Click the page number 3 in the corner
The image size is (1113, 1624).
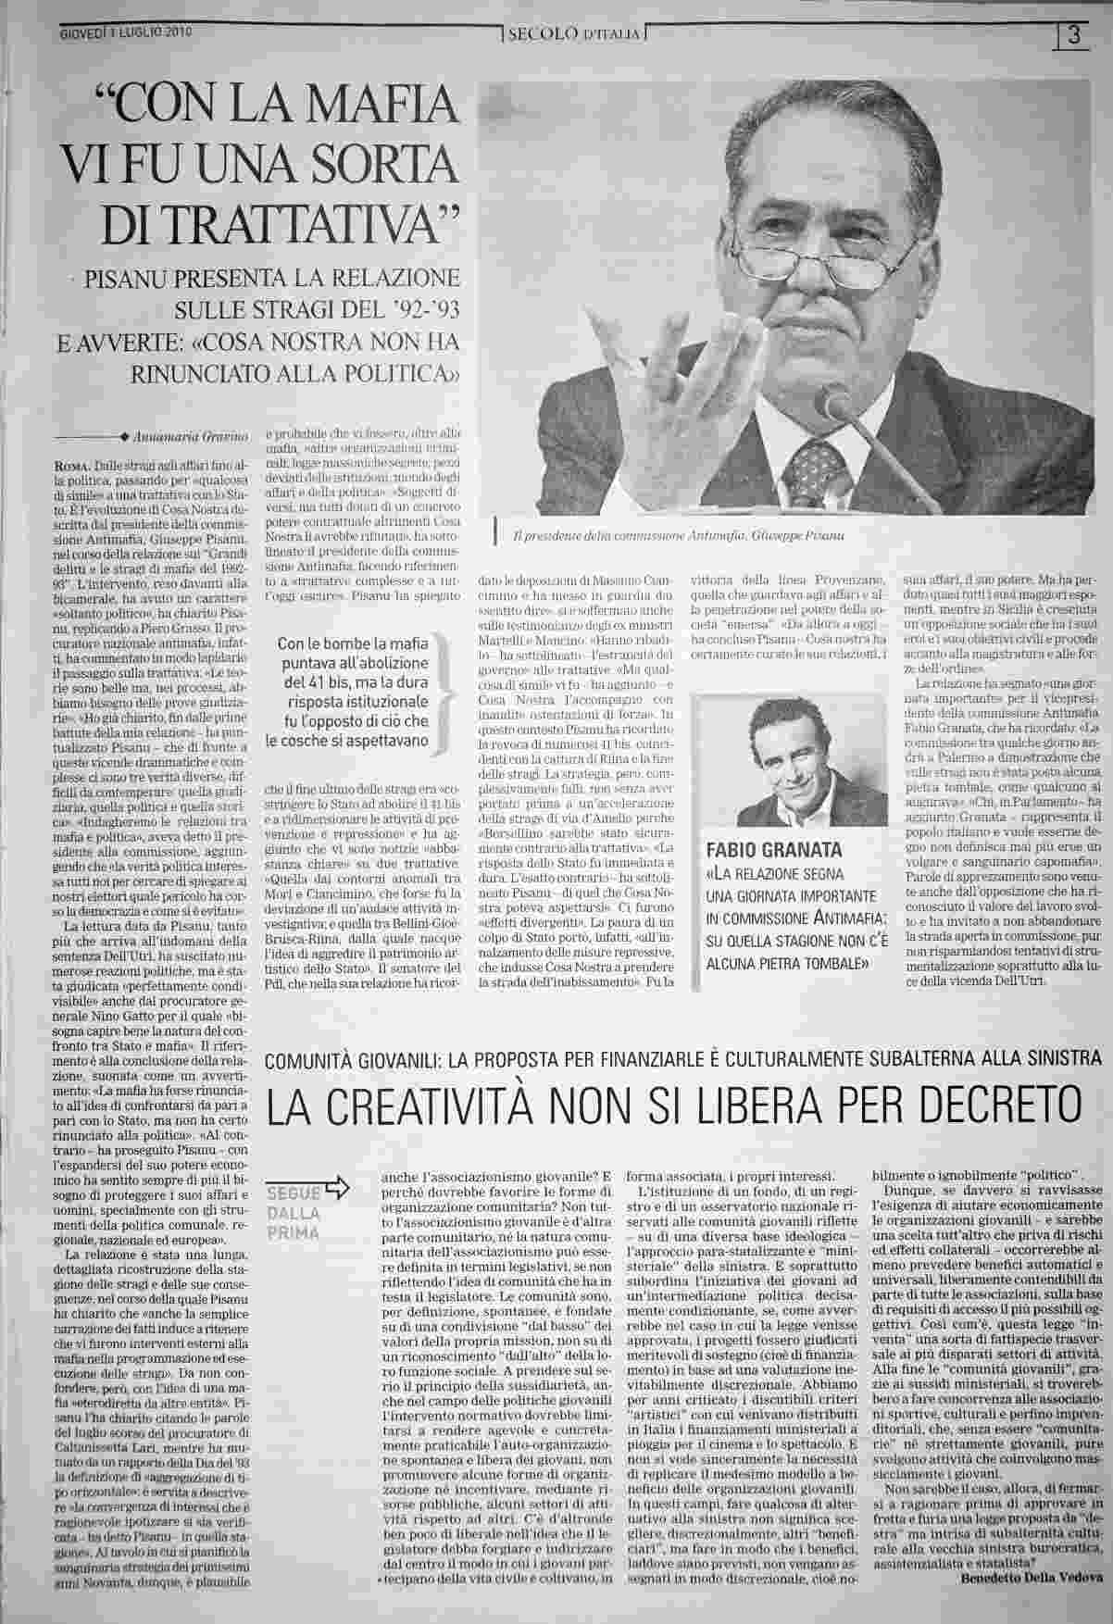click(1076, 36)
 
